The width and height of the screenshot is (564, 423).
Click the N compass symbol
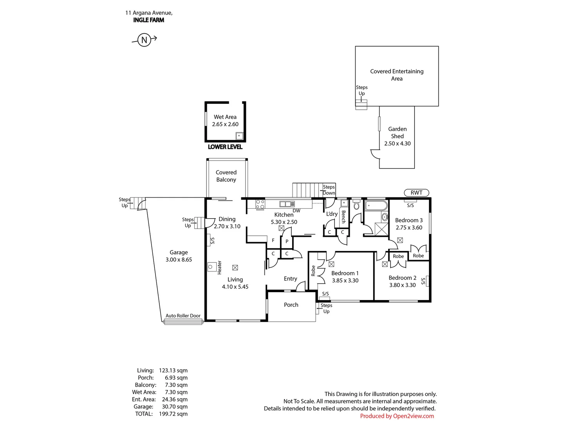(x=144, y=40)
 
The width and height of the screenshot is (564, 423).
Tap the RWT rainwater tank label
(x=416, y=193)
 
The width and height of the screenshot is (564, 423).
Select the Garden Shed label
(x=397, y=132)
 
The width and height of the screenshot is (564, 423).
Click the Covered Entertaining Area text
(x=397, y=75)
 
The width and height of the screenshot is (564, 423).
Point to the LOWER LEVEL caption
(x=225, y=147)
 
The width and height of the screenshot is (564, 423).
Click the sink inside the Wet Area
(x=239, y=136)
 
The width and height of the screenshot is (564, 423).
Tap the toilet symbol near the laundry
(x=356, y=204)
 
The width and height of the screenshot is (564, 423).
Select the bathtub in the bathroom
(x=376, y=206)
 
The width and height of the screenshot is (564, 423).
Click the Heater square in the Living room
(x=212, y=267)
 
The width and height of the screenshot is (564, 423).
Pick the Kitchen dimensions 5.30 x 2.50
(x=284, y=222)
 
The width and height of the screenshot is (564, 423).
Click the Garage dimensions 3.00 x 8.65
(x=179, y=259)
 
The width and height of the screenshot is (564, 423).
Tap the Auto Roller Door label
(x=183, y=316)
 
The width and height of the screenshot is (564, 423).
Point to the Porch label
(x=291, y=305)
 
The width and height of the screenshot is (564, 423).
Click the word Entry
(x=290, y=278)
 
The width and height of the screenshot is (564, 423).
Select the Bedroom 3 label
(x=409, y=220)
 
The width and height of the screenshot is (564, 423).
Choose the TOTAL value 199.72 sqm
(x=173, y=414)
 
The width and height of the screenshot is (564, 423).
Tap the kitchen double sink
(x=287, y=204)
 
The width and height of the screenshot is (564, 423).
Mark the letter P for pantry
(x=287, y=241)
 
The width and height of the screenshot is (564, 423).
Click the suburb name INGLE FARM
(x=148, y=20)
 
